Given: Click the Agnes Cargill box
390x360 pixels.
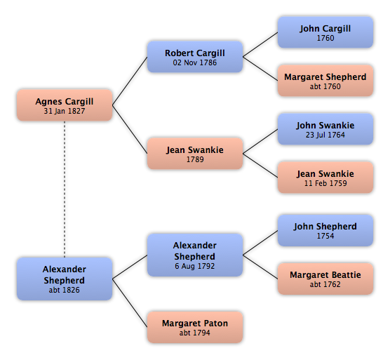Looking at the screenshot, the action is point(65,105).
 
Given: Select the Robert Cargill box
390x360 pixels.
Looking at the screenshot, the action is point(195,57).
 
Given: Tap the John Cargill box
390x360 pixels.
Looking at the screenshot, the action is point(325,32).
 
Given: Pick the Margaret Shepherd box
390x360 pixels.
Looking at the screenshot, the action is point(325,81).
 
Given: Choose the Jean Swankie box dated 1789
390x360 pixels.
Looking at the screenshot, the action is point(195,154).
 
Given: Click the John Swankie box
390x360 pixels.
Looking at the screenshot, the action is point(325,129).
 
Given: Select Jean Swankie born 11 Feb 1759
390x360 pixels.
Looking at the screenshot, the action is point(325,178).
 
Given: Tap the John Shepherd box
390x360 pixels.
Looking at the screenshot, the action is point(325,231).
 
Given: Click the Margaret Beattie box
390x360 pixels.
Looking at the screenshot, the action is point(325,279).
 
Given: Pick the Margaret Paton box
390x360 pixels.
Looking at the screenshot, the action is point(195,327).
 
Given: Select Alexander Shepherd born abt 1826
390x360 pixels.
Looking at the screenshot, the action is point(65,279).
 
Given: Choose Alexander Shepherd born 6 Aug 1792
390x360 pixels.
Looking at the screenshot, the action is point(195,255).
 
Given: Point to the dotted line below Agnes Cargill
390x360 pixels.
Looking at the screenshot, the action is point(65,189).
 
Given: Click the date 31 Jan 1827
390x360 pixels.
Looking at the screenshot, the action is point(65,111).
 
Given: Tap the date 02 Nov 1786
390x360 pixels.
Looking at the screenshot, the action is point(195,62).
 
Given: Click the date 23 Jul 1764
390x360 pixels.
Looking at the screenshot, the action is point(325,135).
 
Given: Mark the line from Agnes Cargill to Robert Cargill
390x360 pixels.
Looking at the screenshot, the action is point(130,81).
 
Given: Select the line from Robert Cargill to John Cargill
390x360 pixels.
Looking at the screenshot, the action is point(260,45).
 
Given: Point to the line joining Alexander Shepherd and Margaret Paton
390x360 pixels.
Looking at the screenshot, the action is point(130,303).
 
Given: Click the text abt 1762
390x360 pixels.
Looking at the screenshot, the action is point(325,284).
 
